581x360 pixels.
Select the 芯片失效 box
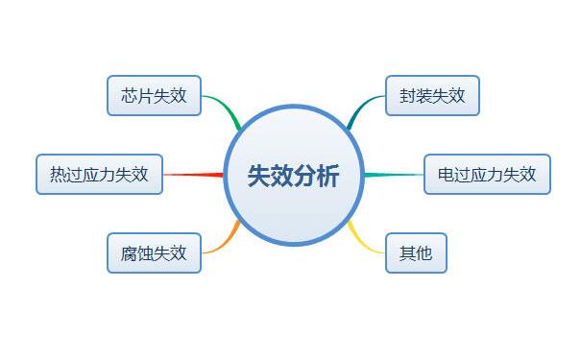coord(154,95)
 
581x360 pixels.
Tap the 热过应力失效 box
coord(99,174)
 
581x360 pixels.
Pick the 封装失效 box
coord(432,95)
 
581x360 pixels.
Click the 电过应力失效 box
coord(487,174)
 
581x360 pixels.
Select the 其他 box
coord(416,253)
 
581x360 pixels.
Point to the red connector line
coord(192,175)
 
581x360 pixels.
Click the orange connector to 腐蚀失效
coord(223,240)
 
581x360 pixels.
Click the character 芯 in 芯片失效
coord(130,95)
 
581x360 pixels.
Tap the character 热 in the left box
coord(59,175)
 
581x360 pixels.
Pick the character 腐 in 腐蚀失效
coord(130,254)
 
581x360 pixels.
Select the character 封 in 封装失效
coord(408,95)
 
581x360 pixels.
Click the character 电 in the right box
coord(446,175)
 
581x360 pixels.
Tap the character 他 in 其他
coord(424,254)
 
